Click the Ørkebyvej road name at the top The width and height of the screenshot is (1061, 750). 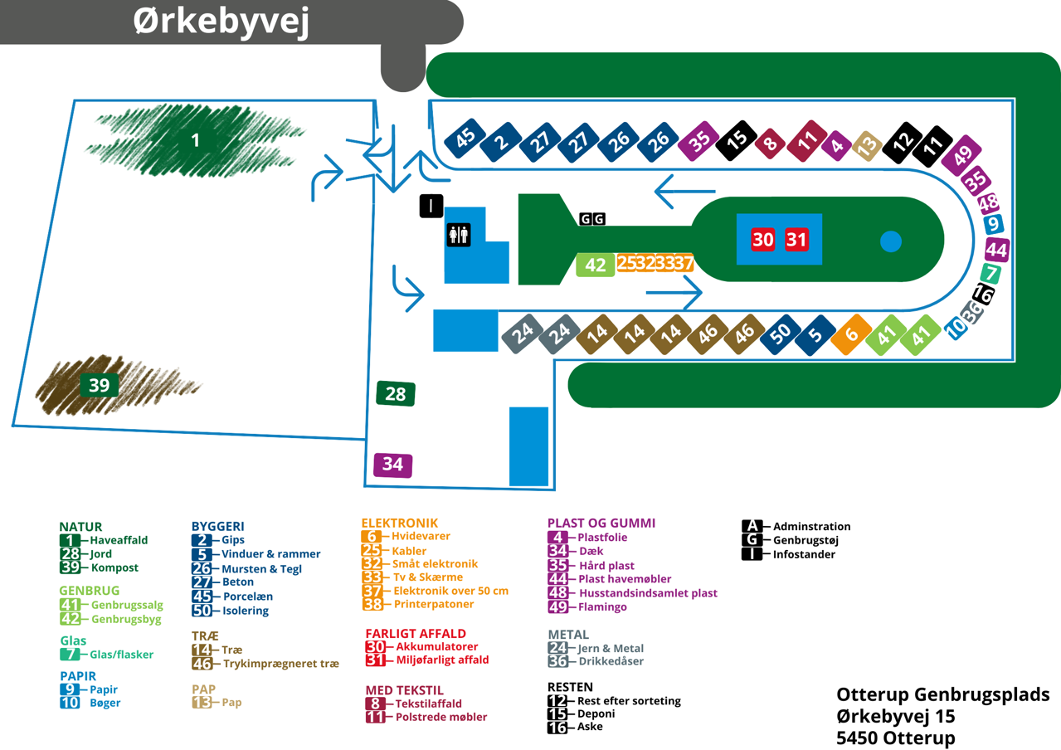click(221, 22)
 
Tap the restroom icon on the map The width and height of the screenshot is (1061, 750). click(459, 235)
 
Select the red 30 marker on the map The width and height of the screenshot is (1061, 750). click(763, 240)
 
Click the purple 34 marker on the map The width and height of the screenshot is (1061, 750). click(392, 465)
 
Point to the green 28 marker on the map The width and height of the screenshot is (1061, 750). click(396, 393)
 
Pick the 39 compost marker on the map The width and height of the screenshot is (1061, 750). click(99, 385)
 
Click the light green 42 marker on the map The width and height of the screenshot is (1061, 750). click(596, 265)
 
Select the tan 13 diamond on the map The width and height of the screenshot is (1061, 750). click(867, 146)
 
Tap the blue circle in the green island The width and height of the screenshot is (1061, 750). click(890, 241)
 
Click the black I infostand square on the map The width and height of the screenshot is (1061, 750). click(431, 206)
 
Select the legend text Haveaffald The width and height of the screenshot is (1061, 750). click(119, 540)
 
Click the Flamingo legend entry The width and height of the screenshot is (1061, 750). click(603, 606)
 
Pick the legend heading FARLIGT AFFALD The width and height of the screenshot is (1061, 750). click(416, 633)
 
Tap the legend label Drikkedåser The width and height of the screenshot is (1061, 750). click(611, 661)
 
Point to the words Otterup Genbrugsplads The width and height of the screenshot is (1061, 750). click(943, 694)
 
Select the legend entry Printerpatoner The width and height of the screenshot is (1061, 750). click(429, 604)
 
